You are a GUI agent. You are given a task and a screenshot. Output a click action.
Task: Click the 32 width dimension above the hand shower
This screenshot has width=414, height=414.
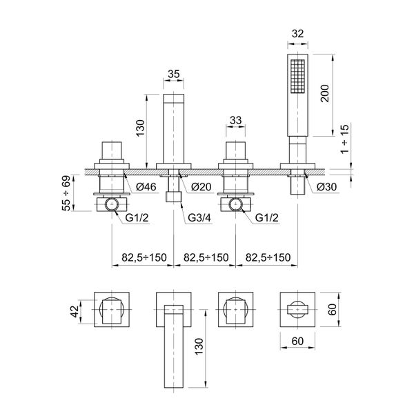click(297, 34)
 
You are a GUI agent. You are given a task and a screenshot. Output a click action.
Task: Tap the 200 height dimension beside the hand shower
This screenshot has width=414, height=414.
click(324, 93)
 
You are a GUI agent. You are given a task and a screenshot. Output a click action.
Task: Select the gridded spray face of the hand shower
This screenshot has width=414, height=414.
click(297, 76)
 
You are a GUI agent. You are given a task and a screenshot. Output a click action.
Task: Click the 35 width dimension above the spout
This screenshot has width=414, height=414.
click(173, 75)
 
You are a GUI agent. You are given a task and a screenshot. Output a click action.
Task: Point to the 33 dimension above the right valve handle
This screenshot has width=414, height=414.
click(235, 120)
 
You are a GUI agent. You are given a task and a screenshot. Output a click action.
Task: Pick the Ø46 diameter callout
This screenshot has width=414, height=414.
click(146, 187)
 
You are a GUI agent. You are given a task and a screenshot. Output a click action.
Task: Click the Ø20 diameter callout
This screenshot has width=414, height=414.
click(201, 187)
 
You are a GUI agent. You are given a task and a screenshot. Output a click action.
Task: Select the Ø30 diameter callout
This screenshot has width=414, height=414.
click(327, 187)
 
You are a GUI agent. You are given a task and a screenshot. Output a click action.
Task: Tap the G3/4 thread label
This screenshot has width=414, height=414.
click(199, 218)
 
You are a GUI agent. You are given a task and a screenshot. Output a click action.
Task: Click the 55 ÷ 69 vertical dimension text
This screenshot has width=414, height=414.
click(66, 193)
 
